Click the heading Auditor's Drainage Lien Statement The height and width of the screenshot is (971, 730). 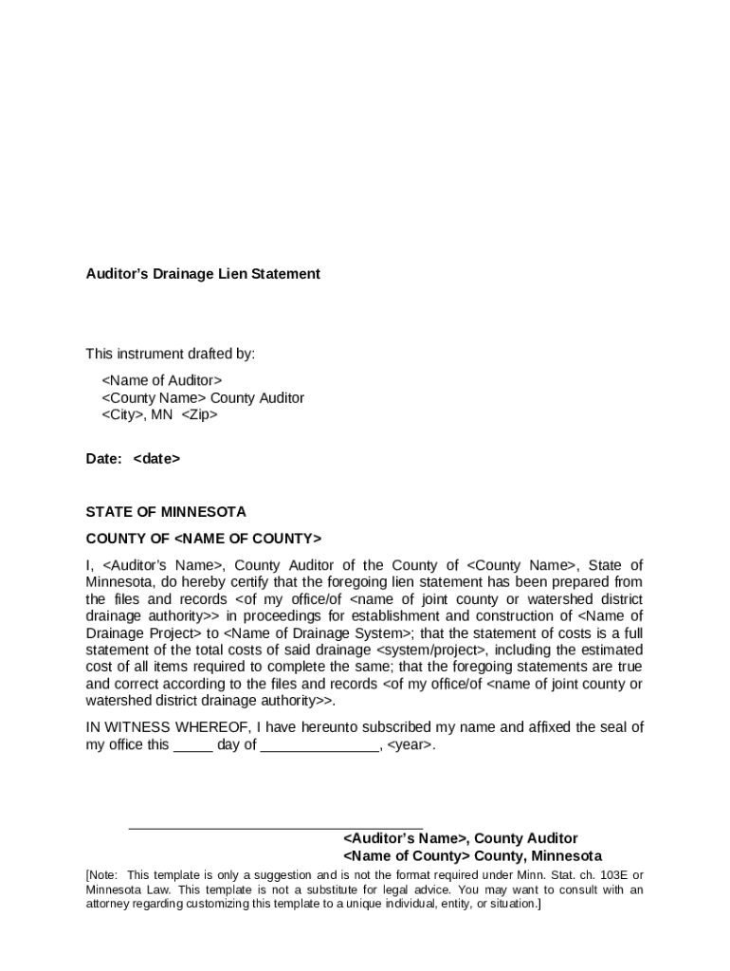tap(203, 274)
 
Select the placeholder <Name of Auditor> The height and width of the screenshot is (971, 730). tap(162, 380)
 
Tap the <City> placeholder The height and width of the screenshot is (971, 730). tap(123, 415)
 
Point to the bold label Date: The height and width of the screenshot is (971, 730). tap(103, 459)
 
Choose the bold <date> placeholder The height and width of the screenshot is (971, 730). tap(156, 459)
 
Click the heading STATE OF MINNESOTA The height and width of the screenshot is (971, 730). tap(166, 512)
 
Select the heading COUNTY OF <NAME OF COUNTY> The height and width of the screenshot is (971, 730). tap(204, 539)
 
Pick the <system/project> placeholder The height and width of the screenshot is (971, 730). tap(431, 650)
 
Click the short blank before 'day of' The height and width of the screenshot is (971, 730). tap(193, 745)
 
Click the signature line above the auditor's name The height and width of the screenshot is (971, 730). tap(275, 829)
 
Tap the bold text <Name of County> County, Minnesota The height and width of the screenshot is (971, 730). tap(471, 856)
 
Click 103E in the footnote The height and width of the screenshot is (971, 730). tap(603, 875)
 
